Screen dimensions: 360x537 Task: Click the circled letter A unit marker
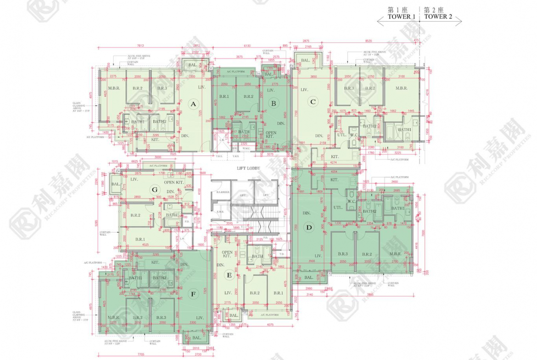[x=193, y=104]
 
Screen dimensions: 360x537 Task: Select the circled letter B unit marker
[x=274, y=104]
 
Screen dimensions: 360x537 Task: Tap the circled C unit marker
[x=313, y=102]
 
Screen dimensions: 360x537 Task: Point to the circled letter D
[x=309, y=227]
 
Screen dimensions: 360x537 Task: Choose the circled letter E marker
[x=229, y=275]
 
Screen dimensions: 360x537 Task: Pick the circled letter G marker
[x=155, y=189]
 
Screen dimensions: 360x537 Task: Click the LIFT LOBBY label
[x=248, y=168]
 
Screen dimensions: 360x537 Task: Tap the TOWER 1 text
[x=402, y=17]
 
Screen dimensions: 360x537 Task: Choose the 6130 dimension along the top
[x=247, y=45]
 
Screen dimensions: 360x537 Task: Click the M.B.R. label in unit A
[x=113, y=88]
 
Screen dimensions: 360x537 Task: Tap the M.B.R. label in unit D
[x=396, y=254]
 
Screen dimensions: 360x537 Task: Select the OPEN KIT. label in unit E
[x=226, y=255]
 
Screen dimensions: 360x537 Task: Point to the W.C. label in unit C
[x=354, y=134]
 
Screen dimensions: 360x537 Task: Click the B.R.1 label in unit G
[x=140, y=239]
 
